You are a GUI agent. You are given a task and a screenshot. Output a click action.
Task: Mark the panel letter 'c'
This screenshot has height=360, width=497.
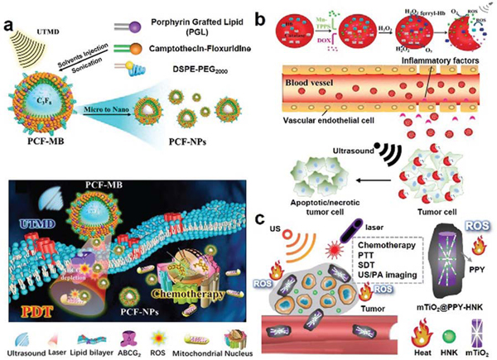pyautogui.click(x=259, y=221)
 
